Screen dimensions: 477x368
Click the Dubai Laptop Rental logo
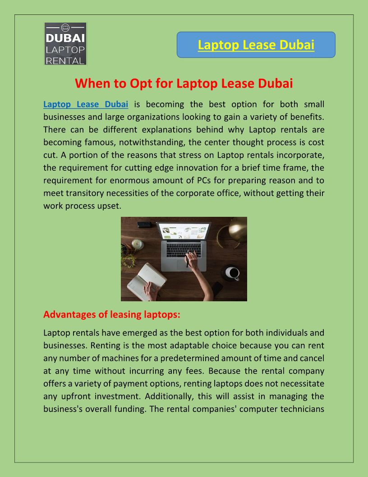(x=65, y=44)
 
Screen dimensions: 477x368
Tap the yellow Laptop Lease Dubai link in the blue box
(x=256, y=45)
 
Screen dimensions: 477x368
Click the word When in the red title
(x=90, y=84)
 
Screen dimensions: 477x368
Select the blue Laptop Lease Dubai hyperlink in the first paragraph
(x=86, y=104)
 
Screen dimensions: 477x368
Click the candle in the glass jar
(x=138, y=244)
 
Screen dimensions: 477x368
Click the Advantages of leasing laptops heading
(x=112, y=314)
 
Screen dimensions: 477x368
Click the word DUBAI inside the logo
(x=65, y=38)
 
